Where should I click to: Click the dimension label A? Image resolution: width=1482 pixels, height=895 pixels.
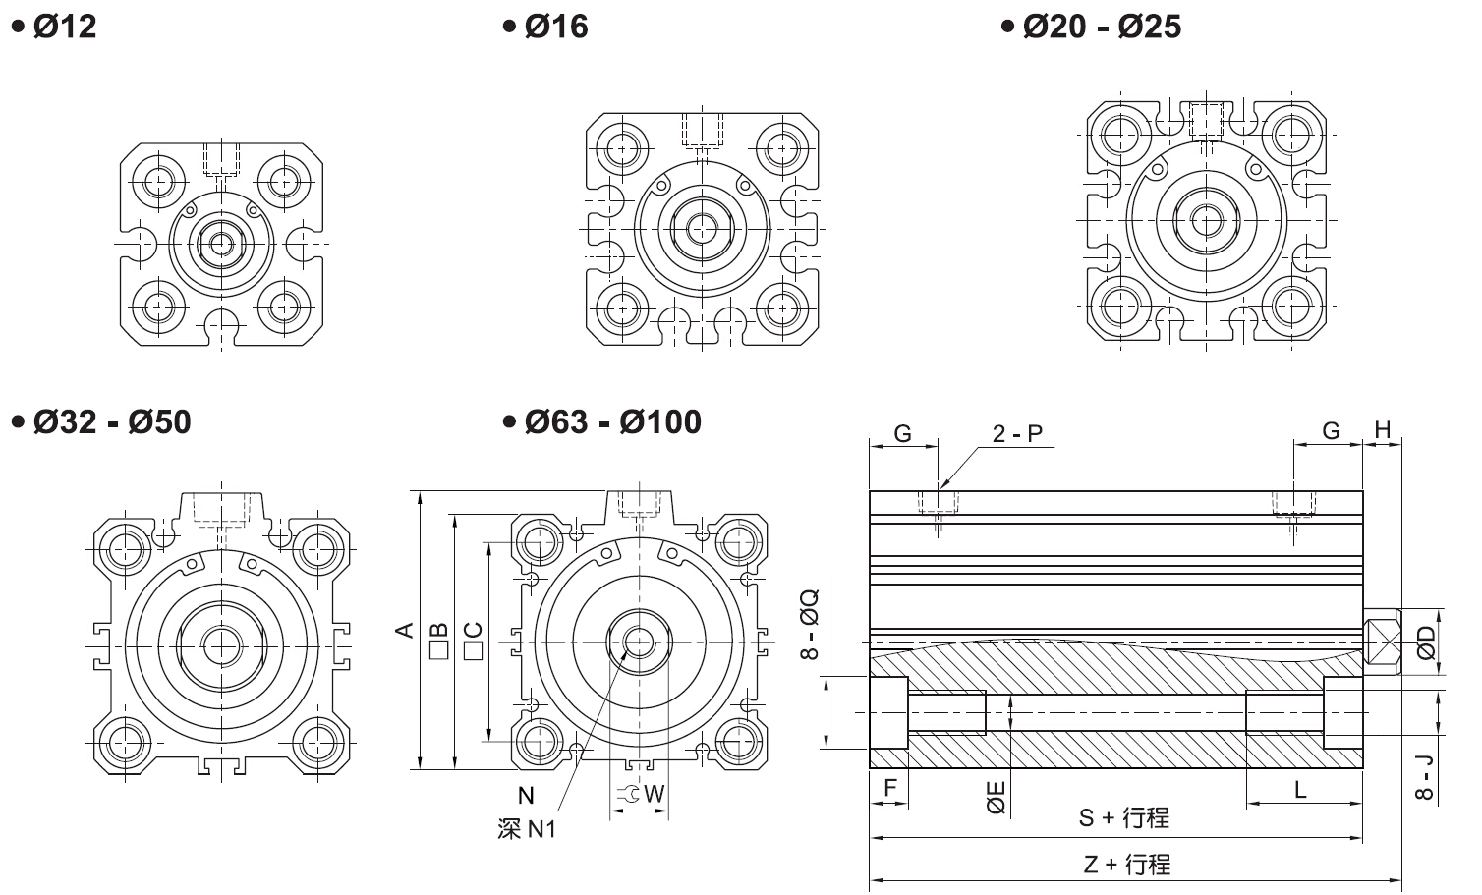(x=404, y=629)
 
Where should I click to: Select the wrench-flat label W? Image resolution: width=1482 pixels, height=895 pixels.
(x=655, y=793)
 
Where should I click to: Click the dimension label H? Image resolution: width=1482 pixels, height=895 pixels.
(x=1383, y=429)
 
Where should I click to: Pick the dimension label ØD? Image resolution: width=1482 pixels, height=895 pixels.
(x=1426, y=642)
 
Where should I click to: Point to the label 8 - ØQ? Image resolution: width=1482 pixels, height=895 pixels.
(x=810, y=624)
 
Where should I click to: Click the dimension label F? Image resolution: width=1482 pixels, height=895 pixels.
(x=890, y=788)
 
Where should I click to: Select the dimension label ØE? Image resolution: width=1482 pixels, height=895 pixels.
(x=996, y=797)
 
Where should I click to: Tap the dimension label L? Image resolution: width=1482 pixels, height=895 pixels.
(x=1300, y=789)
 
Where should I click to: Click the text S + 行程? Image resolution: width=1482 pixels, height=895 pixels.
(x=1123, y=817)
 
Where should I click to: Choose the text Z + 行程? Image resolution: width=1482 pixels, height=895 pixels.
(x=1126, y=865)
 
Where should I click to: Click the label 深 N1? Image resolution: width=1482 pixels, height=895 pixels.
(x=527, y=829)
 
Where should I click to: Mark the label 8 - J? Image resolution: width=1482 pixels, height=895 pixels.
(x=1425, y=777)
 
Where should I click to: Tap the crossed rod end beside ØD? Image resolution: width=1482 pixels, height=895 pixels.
(x=1384, y=643)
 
